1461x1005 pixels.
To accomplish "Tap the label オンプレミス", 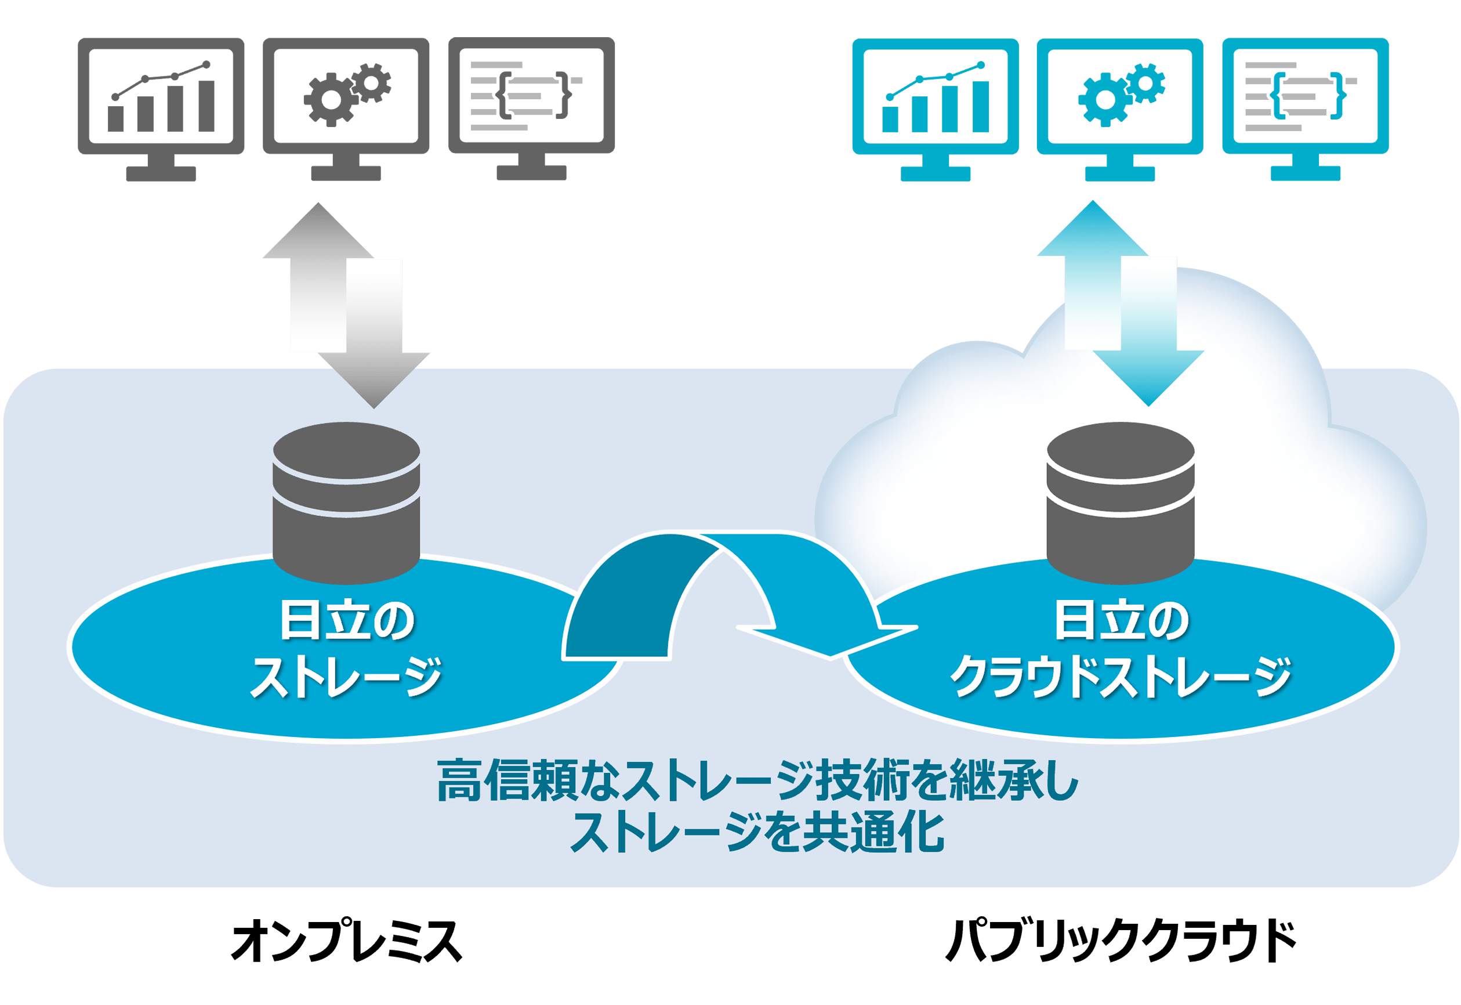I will pyautogui.click(x=346, y=941).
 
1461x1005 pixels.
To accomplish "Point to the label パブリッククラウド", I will pyautogui.click(x=1121, y=941).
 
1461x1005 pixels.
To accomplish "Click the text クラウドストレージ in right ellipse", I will pyautogui.click(x=1121, y=677).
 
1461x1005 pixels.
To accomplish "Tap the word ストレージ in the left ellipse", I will pyautogui.click(x=346, y=677).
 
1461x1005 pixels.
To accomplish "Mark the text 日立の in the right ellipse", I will pyautogui.click(x=1121, y=621).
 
